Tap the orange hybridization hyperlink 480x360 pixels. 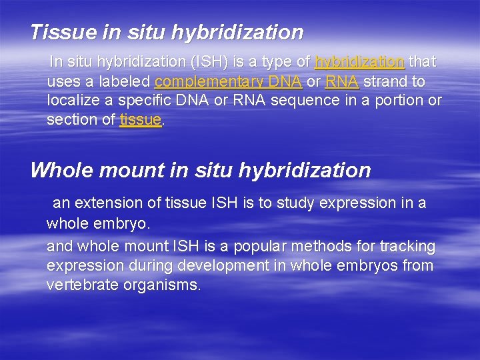tap(359, 62)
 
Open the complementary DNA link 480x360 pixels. tap(228, 82)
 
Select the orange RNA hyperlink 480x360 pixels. tap(343, 82)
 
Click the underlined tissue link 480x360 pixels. tap(141, 120)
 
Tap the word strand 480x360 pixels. tap(387, 82)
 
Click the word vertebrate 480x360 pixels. tap(79, 285)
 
